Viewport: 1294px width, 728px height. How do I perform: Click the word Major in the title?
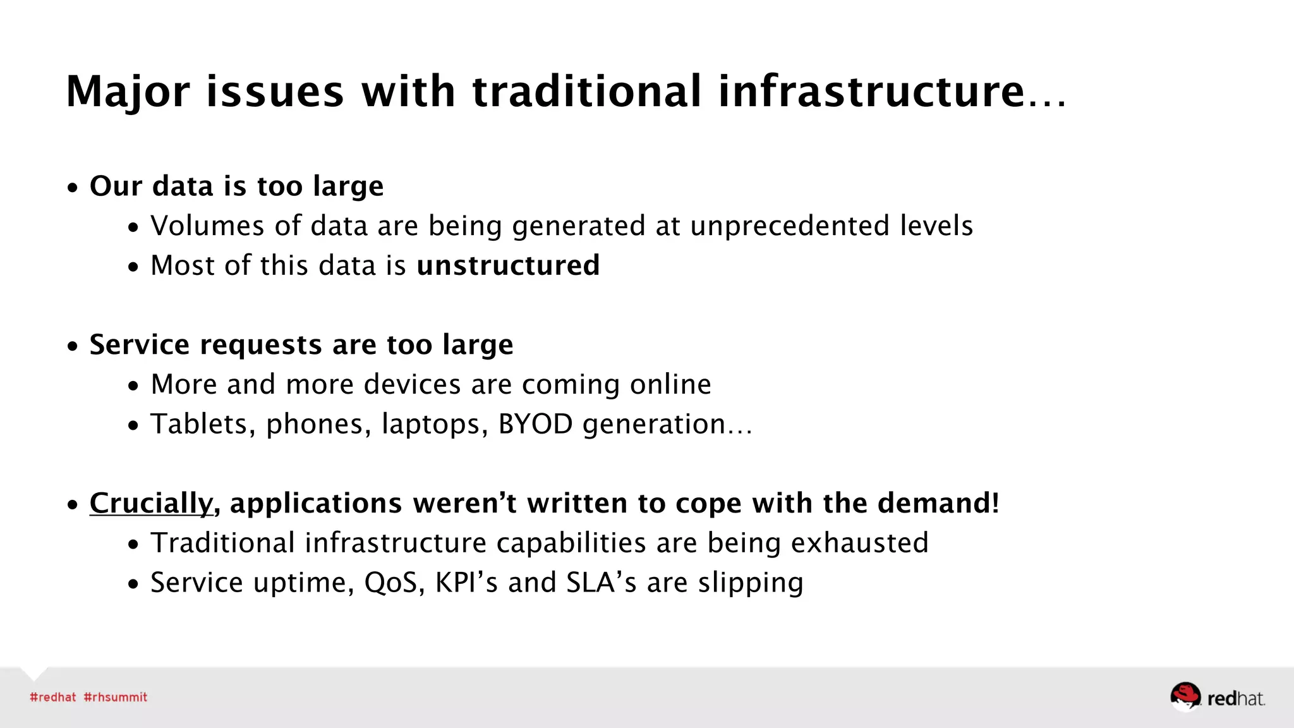(127, 92)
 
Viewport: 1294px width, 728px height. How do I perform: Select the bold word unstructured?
(508, 265)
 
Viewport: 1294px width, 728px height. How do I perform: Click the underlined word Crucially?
(151, 504)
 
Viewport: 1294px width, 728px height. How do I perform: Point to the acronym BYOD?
(535, 424)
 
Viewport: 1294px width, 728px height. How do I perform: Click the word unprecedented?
(789, 226)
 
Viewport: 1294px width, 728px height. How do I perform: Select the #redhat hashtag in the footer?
(52, 697)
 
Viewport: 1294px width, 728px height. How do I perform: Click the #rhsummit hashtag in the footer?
(115, 697)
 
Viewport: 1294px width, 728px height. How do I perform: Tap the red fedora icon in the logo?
(1185, 696)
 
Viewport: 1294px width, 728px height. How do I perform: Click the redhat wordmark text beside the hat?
(1235, 698)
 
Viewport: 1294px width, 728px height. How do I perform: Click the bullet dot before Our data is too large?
(73, 188)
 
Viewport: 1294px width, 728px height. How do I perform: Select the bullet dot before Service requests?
(73, 346)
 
